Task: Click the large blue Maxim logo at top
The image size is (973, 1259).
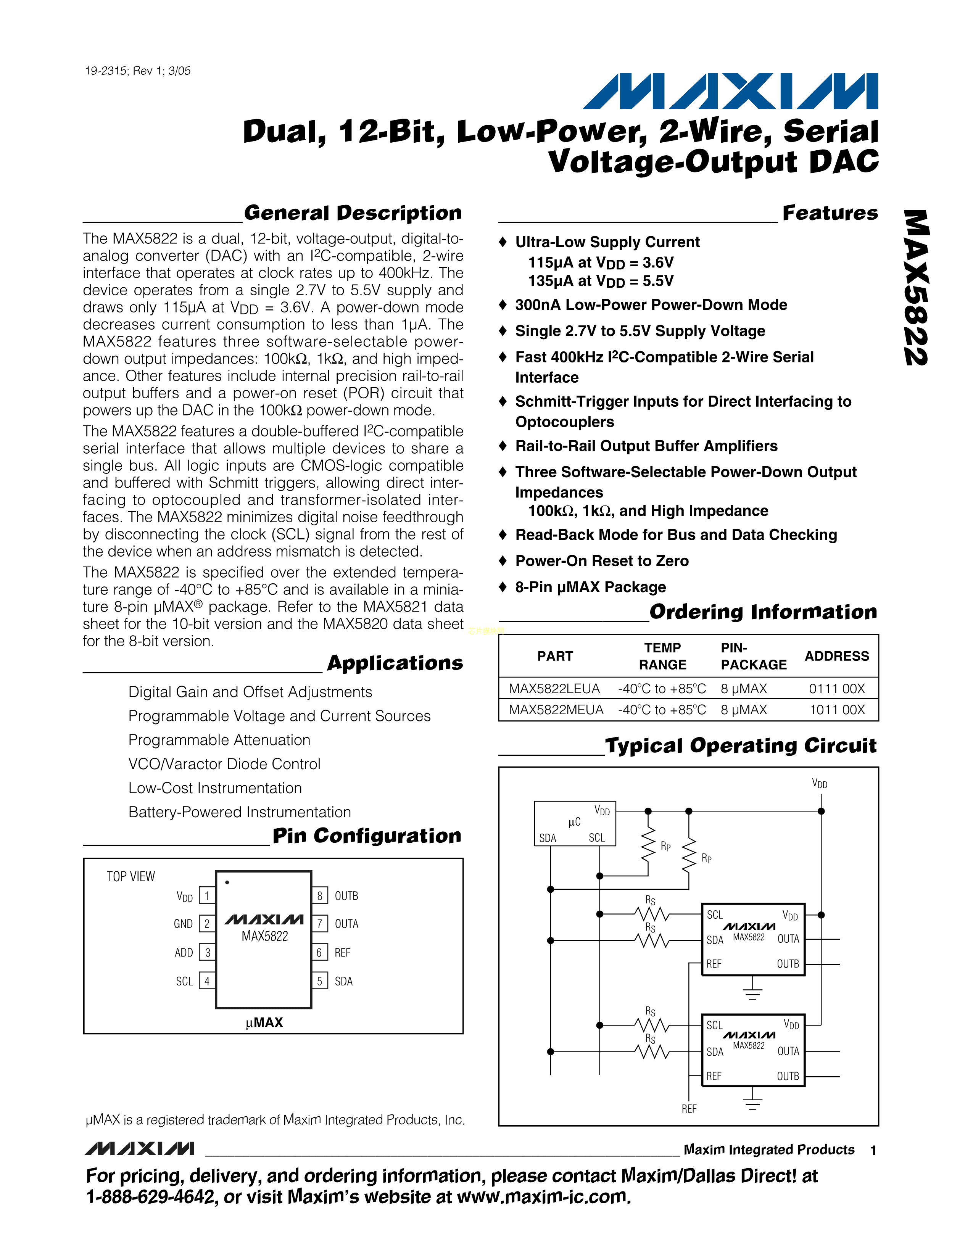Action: click(x=730, y=91)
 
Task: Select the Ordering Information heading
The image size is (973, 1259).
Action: click(x=763, y=612)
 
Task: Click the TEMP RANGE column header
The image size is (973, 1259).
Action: click(x=662, y=656)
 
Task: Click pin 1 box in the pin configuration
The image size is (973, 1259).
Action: click(x=207, y=896)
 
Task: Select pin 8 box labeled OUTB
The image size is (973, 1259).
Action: click(x=319, y=896)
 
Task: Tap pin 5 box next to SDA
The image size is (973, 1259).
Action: click(x=319, y=981)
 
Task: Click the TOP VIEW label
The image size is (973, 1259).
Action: click(x=131, y=877)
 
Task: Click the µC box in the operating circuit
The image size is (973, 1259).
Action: click(x=575, y=823)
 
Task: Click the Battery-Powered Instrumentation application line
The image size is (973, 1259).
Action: click(x=240, y=812)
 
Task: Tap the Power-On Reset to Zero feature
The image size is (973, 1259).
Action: click(x=602, y=561)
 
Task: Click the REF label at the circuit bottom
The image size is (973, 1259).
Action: click(x=689, y=1109)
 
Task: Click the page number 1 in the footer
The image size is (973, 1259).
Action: click(x=873, y=1151)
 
